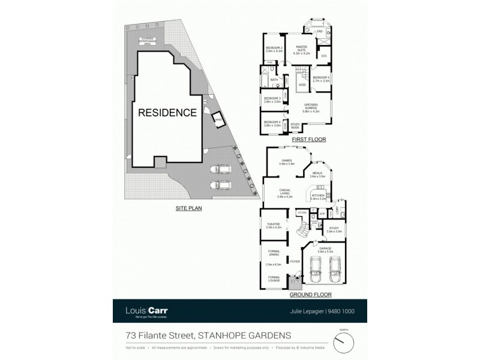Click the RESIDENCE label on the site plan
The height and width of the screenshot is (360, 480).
point(167,112)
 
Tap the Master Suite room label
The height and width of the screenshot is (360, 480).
point(301,52)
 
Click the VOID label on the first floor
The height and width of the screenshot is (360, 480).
point(302,85)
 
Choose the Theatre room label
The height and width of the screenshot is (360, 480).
point(273,226)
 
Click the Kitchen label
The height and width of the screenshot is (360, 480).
point(319,196)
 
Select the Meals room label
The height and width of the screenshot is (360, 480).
point(317,175)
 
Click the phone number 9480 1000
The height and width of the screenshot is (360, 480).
point(340,311)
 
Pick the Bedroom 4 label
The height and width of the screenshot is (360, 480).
point(273,124)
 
